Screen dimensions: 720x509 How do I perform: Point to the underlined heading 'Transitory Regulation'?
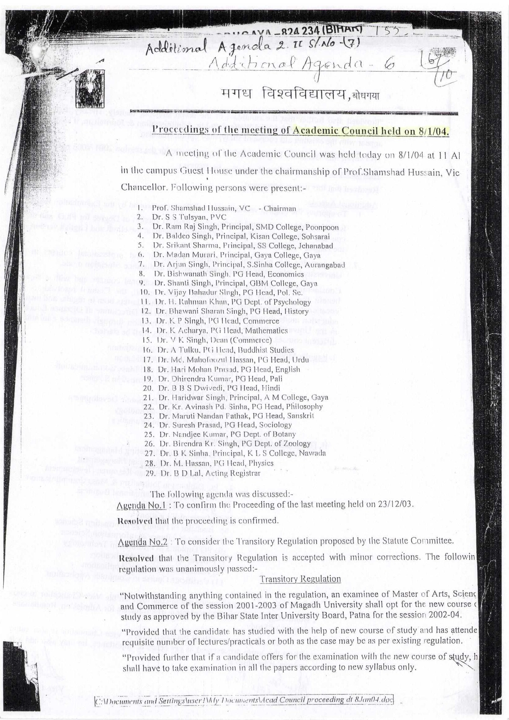(301, 579)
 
